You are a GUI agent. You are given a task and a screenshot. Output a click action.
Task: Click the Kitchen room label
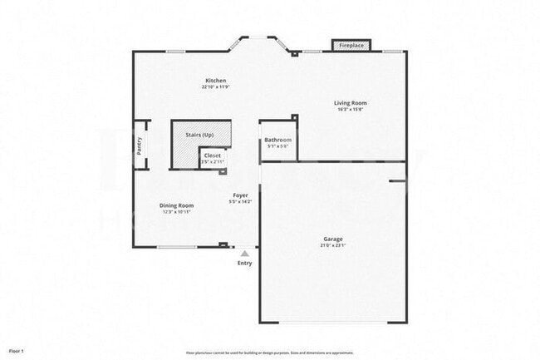point(214,81)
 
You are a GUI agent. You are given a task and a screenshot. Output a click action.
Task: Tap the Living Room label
point(351,103)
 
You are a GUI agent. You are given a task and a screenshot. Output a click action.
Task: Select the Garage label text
point(332,239)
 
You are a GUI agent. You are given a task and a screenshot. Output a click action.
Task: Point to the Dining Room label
point(176,205)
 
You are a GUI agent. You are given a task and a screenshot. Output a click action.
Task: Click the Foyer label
point(240,195)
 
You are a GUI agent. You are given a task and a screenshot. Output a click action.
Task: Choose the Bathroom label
point(278,141)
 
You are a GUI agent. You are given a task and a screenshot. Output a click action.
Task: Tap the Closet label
point(213,155)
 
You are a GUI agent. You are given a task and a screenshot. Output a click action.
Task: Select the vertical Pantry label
point(140,145)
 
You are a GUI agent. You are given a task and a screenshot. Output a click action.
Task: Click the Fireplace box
point(351,45)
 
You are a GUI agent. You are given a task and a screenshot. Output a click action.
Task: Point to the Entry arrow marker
point(244,253)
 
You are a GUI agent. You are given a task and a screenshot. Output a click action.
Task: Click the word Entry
point(244,263)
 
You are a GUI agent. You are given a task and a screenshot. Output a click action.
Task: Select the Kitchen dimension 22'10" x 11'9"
point(214,87)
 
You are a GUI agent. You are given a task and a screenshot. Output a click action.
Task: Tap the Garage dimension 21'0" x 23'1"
point(332,246)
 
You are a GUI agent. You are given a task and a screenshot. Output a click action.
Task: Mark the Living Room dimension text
point(351,110)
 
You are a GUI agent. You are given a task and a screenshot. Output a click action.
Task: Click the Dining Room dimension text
point(176,212)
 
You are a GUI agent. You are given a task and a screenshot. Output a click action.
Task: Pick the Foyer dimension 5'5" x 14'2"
point(240,202)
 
